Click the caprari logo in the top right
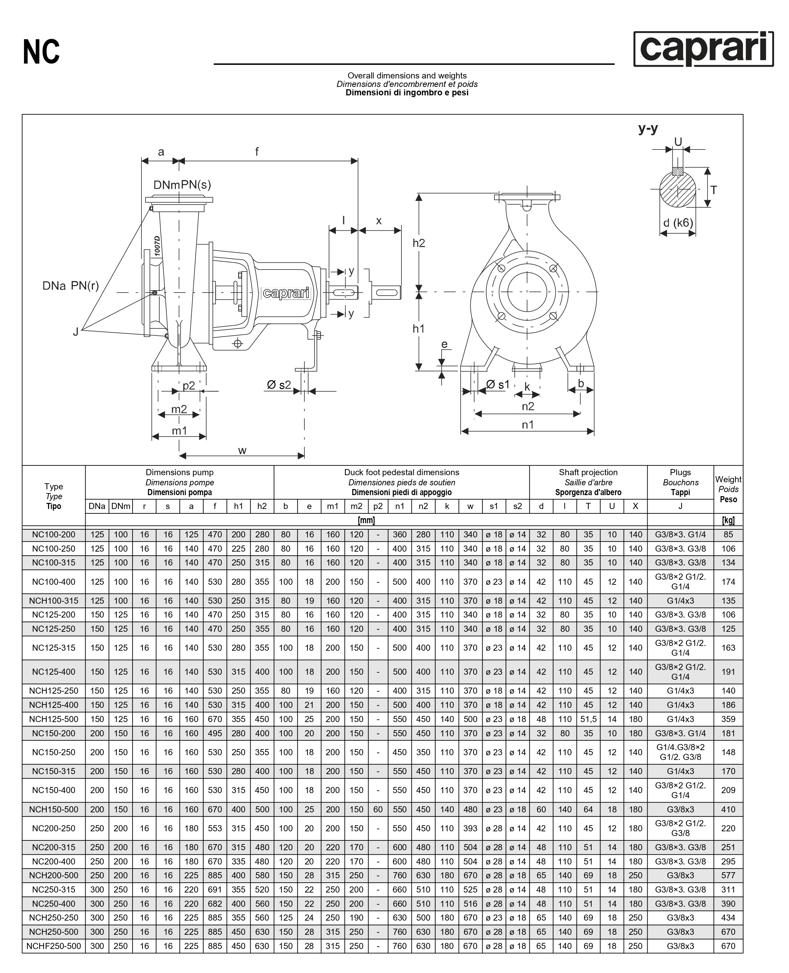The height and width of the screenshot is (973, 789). tap(703, 49)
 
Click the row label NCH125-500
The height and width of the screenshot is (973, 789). tap(54, 719)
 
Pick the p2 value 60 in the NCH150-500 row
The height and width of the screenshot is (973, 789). tap(378, 809)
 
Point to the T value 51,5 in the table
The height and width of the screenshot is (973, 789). tap(588, 719)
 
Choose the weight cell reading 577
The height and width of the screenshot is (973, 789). tap(728, 876)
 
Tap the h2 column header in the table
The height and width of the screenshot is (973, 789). tap(262, 506)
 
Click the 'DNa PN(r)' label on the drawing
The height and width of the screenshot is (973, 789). tap(70, 286)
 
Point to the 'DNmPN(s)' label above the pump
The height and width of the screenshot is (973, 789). tap(182, 185)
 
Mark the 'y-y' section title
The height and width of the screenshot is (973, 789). tap(648, 129)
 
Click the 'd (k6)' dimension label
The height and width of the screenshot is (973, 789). tap(678, 223)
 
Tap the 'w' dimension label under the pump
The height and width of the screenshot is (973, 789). tap(242, 451)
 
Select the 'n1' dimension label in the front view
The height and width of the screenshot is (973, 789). tap(528, 424)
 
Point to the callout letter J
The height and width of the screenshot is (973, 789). tap(76, 332)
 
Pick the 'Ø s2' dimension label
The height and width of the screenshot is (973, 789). tap(279, 385)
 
